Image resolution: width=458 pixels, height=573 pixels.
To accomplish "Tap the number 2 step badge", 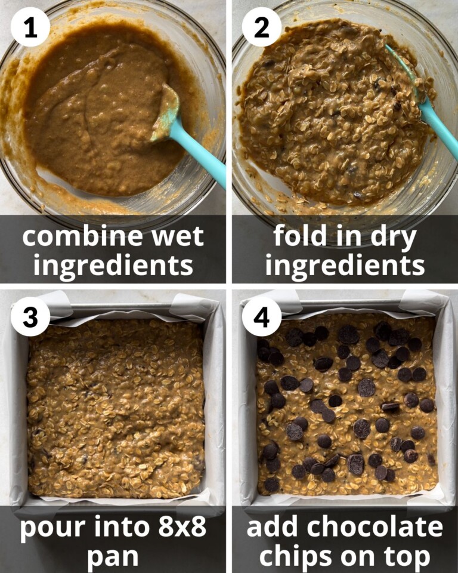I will [262, 27].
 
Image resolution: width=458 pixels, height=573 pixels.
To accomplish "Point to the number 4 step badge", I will [262, 317].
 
